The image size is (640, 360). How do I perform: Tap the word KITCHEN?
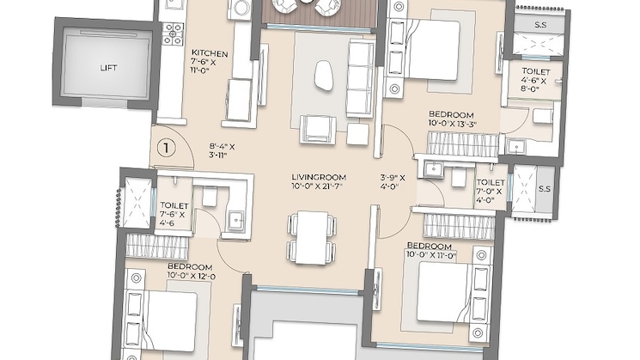coord(209,52)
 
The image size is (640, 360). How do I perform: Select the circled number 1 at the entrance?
coord(168,147)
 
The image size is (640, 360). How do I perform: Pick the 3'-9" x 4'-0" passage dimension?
coord(397,185)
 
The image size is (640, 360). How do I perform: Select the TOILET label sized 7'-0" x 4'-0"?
coord(491,182)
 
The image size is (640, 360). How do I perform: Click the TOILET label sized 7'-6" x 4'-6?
coord(173,205)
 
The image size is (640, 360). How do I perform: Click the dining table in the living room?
coord(308,236)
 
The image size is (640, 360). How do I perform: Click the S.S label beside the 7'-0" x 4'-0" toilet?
coord(543,188)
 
